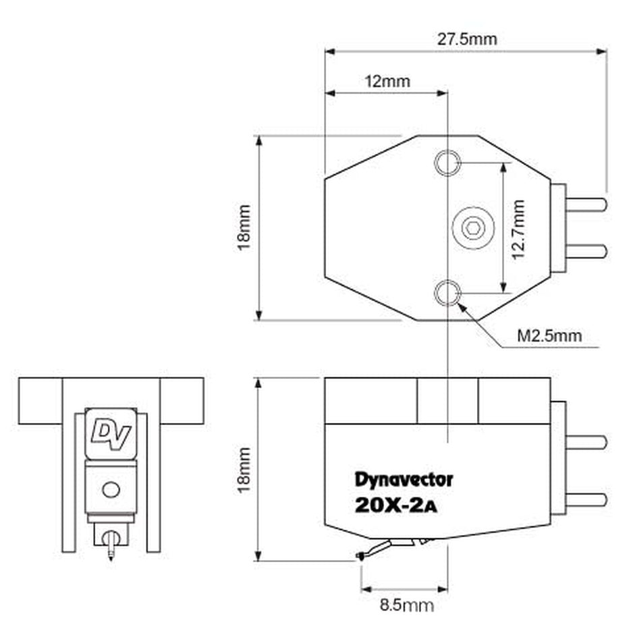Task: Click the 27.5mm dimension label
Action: (x=466, y=38)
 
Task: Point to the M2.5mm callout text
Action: (x=549, y=335)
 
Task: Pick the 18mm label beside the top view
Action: (x=244, y=227)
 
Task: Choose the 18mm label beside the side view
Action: (x=244, y=468)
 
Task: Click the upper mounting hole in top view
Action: (x=447, y=163)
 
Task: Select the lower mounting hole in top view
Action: (x=447, y=294)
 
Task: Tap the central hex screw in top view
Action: (x=472, y=228)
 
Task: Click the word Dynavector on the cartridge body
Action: (x=404, y=480)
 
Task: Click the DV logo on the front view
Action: (x=111, y=431)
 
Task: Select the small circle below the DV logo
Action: (x=110, y=488)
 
